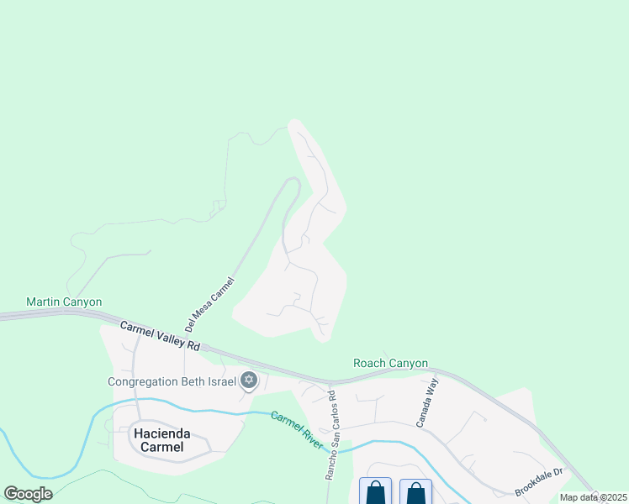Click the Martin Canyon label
[64, 302]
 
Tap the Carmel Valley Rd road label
[160, 335]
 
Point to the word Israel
[220, 381]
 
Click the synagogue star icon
[248, 381]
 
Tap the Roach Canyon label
[390, 364]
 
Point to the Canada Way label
[425, 403]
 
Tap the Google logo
[29, 494]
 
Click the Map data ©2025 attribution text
[594, 497]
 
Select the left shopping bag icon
[375, 492]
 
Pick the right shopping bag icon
[415, 492]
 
